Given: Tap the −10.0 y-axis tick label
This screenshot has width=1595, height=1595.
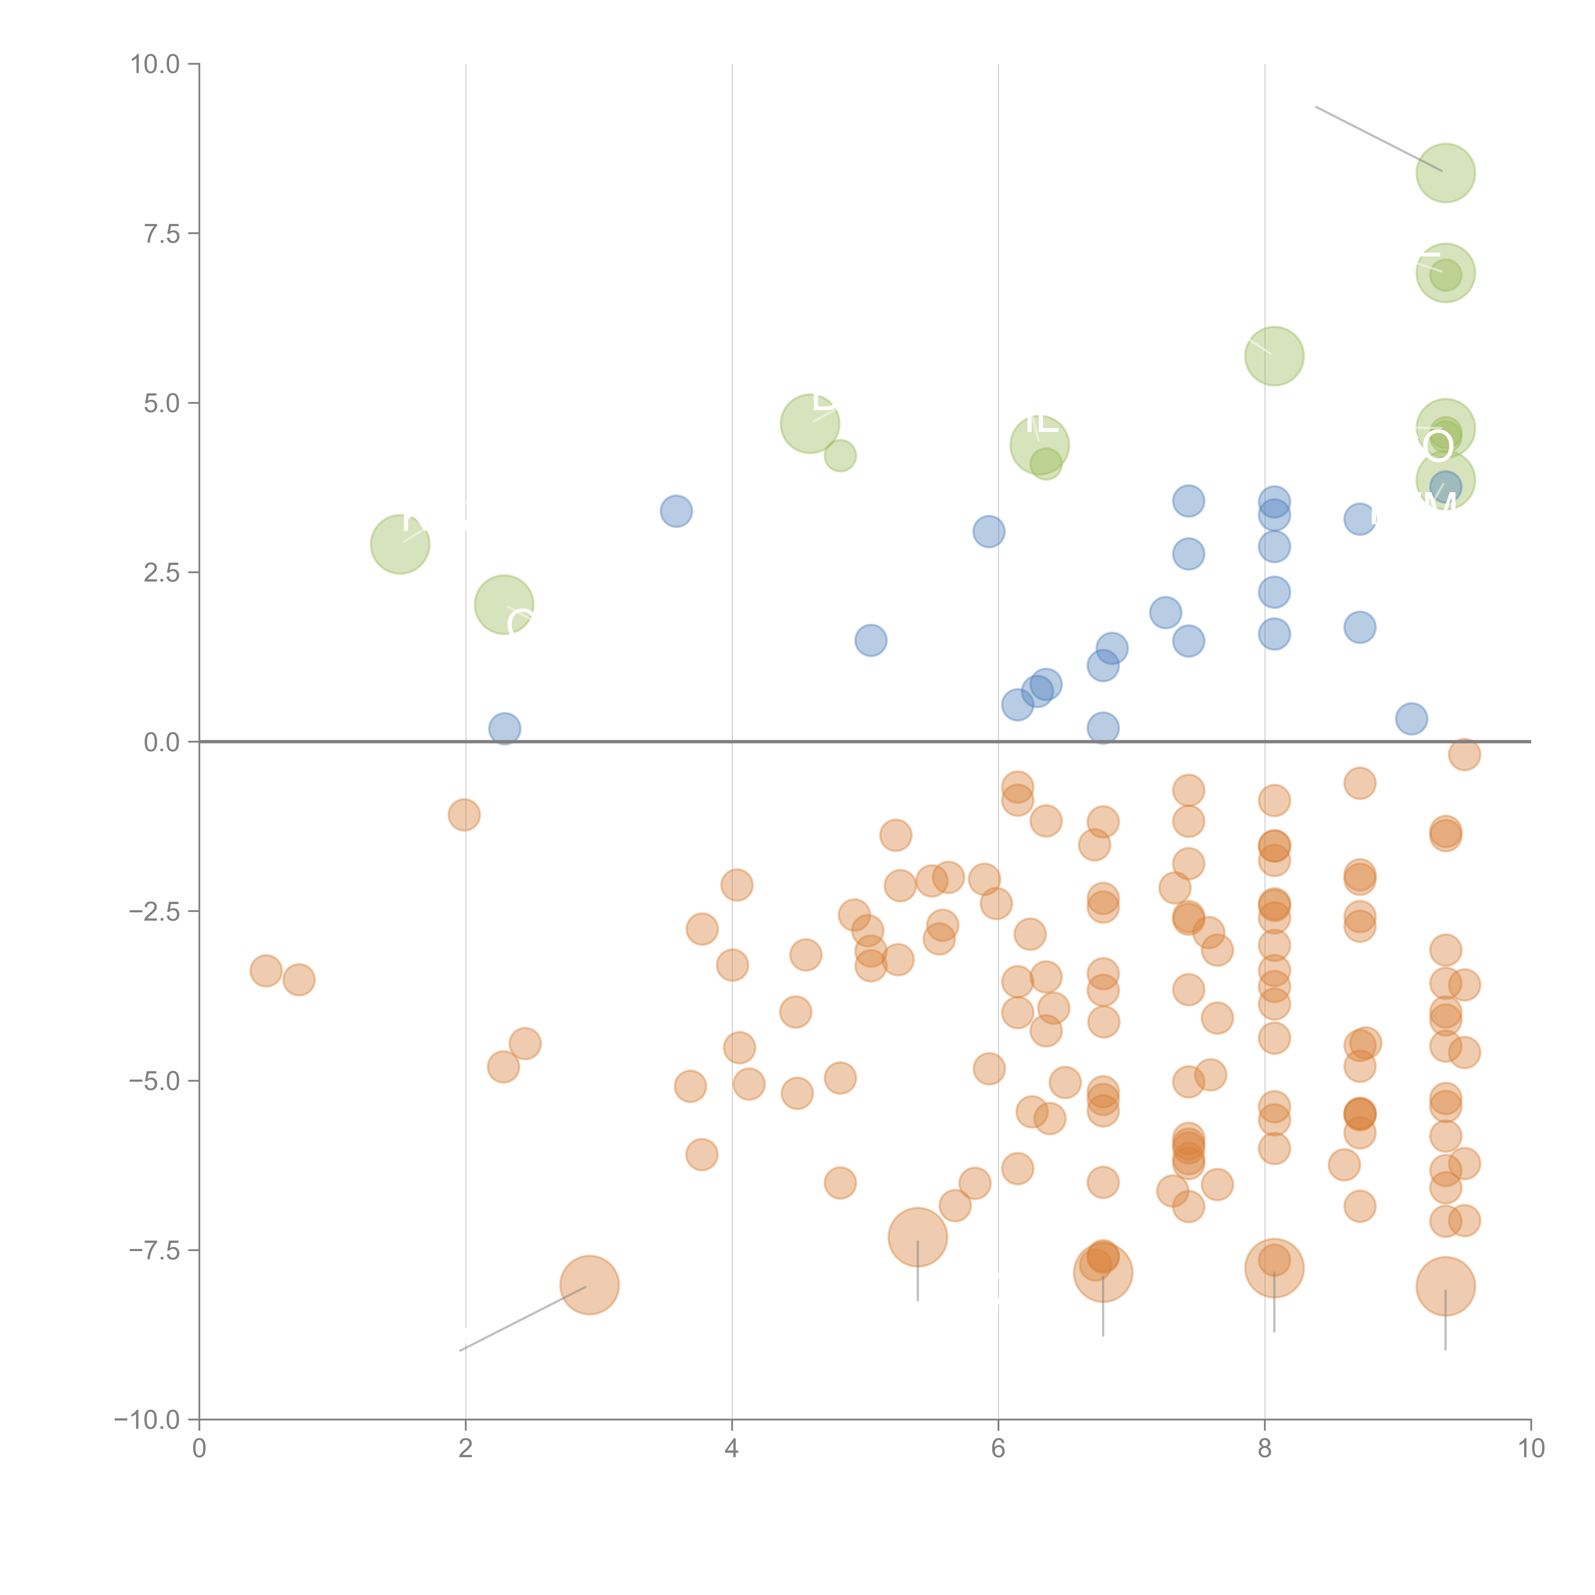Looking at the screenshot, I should coord(147,1420).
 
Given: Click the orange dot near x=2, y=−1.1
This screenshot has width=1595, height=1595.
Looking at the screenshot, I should coord(464,815).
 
